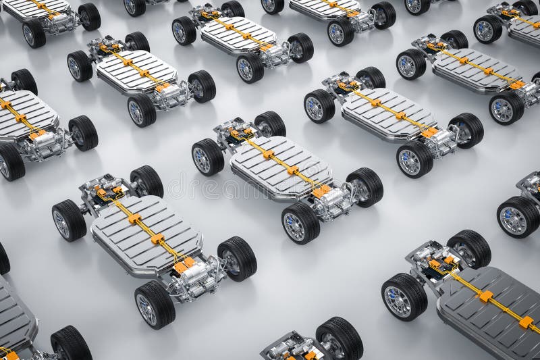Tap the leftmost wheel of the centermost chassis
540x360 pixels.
(x=207, y=157)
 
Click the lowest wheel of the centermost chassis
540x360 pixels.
(x=300, y=224)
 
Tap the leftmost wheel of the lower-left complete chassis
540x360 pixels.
(x=69, y=220)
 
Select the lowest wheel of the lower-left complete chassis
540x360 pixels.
(x=155, y=305)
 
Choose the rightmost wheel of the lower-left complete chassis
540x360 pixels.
(x=238, y=258)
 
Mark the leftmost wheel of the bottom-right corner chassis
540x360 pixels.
(x=404, y=297)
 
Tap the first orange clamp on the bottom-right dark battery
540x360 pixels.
(x=485, y=296)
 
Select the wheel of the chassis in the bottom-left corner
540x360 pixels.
(x=71, y=344)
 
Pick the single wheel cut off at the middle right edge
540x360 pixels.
(x=518, y=217)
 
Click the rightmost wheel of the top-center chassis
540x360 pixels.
(x=300, y=47)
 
